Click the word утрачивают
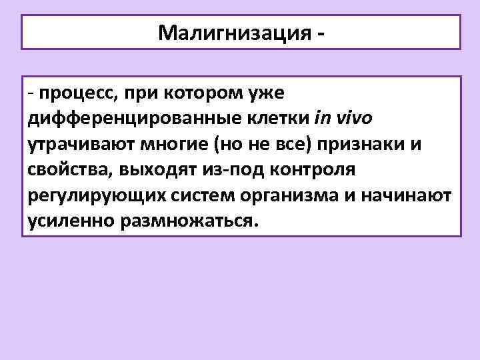79,144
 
